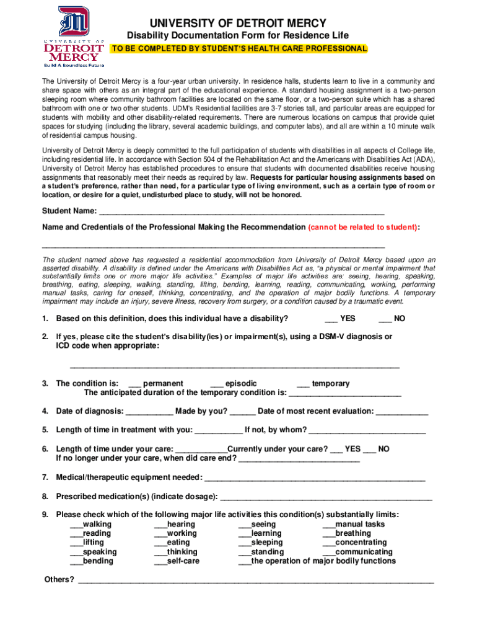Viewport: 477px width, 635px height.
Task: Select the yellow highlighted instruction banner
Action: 239,48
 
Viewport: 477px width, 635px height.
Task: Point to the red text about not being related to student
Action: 363,228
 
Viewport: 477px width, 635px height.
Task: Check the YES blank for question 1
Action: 331,319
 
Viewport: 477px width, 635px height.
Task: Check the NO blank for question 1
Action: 385,319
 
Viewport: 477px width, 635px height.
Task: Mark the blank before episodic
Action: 217,384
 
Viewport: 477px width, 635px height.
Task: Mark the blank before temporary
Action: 304,384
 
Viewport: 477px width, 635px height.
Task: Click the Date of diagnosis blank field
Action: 149,412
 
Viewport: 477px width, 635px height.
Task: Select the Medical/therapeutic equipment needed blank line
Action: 315,477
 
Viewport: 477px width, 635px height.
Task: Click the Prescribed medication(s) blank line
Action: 326,497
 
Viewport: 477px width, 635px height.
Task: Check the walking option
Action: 76,525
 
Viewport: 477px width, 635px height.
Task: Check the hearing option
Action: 160,525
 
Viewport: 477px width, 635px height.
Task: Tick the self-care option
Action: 160,561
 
